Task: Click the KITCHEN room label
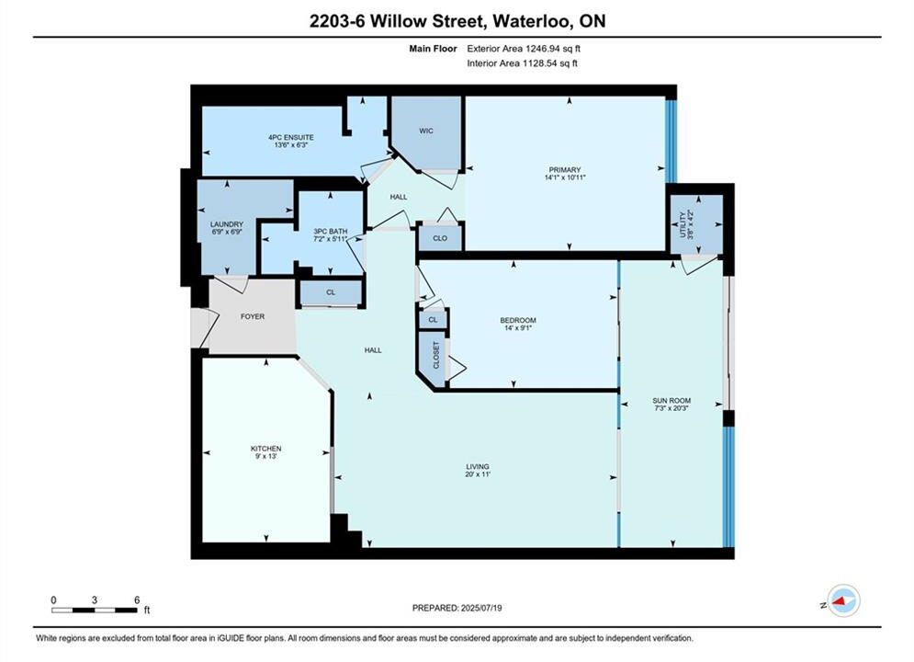pos(265,449)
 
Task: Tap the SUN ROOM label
pos(671,401)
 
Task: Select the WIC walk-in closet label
pos(426,131)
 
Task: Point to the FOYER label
pos(253,316)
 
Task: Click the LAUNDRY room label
pos(227,224)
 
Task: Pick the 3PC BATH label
pos(331,232)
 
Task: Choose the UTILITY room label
pos(683,224)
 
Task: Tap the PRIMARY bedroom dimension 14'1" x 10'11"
pos(565,177)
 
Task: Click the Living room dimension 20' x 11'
pos(478,474)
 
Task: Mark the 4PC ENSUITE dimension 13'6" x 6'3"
pos(291,145)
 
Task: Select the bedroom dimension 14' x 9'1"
pos(518,328)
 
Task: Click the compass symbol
pos(843,600)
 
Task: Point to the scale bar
pos(95,611)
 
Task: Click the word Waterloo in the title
pos(531,21)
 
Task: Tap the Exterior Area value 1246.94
pos(542,49)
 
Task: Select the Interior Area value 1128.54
pos(538,63)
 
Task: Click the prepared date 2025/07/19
pos(481,608)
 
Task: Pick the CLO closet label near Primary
pos(440,238)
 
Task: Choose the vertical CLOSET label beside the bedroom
pos(435,355)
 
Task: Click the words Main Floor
pos(433,49)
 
